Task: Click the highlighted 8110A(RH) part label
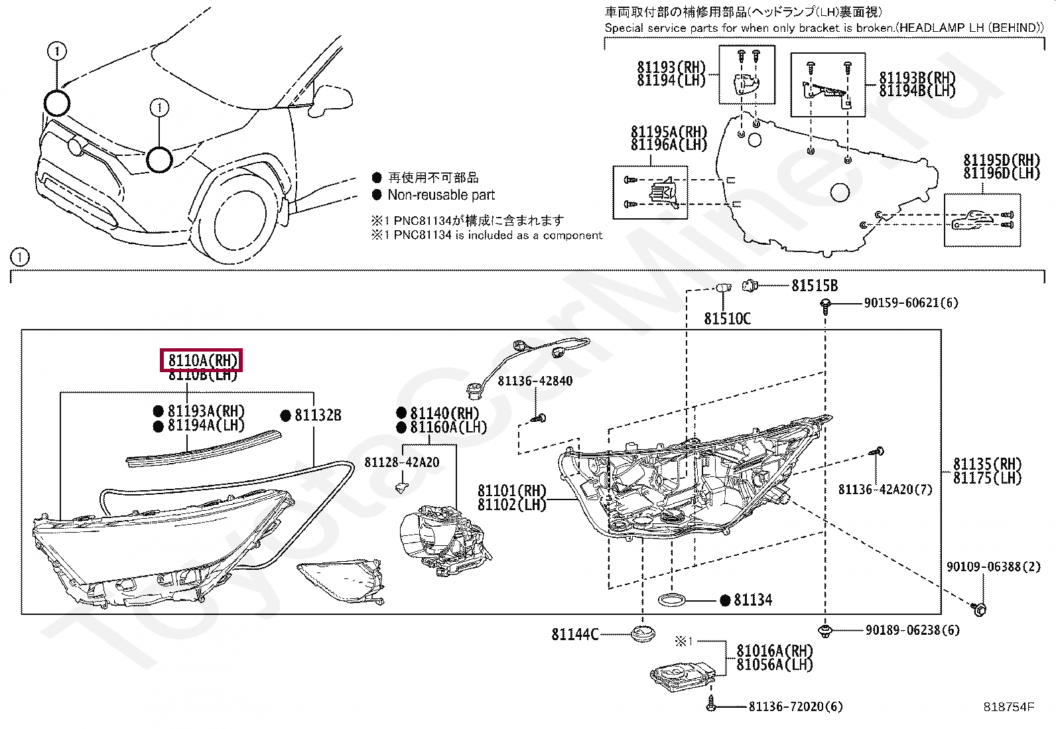click(202, 360)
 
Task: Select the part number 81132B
click(318, 415)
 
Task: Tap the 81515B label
click(814, 286)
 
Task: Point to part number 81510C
click(727, 319)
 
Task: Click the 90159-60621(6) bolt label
click(911, 303)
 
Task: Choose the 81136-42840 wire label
click(535, 381)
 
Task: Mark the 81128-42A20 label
click(401, 462)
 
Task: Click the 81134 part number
click(752, 600)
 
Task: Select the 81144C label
click(574, 635)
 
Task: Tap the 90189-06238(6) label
click(912, 630)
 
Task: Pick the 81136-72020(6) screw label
click(795, 707)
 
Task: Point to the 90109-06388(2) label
click(993, 567)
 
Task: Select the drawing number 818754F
click(1008, 707)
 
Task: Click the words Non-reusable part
click(441, 195)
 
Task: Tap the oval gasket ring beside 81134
click(672, 601)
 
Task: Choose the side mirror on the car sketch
click(332, 98)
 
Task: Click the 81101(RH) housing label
click(511, 491)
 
